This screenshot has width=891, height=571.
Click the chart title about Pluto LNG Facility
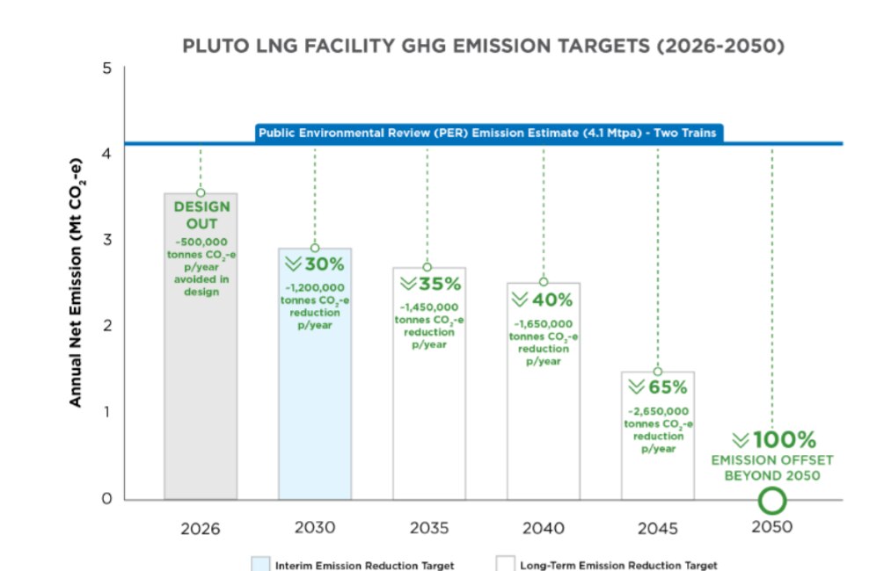[x=482, y=47]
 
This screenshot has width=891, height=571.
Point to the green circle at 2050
[x=771, y=501]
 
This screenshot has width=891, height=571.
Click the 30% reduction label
[x=314, y=264]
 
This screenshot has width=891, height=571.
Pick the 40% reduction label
[x=543, y=299]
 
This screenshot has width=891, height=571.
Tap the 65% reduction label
[x=657, y=387]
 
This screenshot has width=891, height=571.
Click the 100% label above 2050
[x=773, y=439]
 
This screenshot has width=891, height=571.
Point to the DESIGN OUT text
[x=201, y=215]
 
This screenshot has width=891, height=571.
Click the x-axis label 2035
[x=428, y=528]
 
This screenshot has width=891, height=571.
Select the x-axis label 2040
[x=543, y=528]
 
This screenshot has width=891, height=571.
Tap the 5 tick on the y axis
[x=106, y=68]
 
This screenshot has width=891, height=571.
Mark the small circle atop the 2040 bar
[x=544, y=282]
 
